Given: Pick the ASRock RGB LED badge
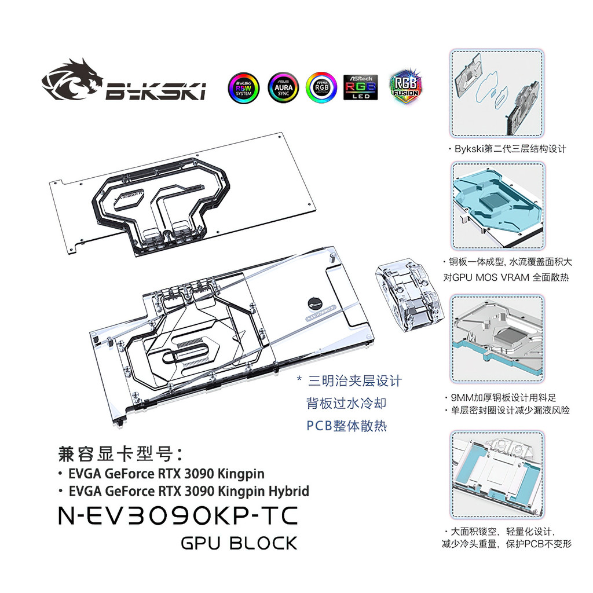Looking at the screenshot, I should pyautogui.click(x=360, y=87).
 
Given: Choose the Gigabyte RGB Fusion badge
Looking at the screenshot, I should pyautogui.click(x=405, y=87).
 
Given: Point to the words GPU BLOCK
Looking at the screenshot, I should pyautogui.click(x=239, y=544).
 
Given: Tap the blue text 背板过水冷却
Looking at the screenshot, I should pyautogui.click(x=346, y=404).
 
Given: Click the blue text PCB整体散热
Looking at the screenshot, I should pyautogui.click(x=346, y=426).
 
